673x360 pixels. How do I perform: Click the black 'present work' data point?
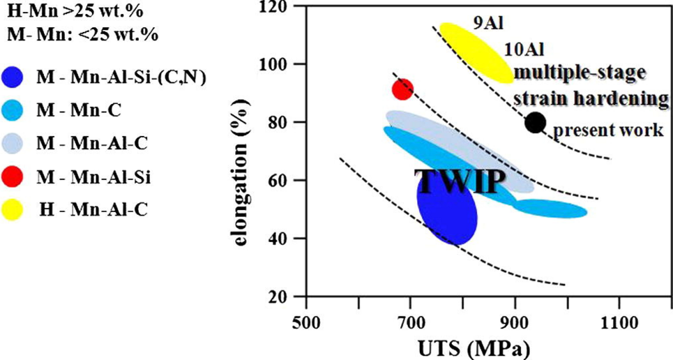[x=535, y=122]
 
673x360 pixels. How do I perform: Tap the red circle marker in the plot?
[x=403, y=89]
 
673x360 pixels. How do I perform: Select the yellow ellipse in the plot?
[x=477, y=52]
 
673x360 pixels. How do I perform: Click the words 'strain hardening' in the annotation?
[x=591, y=99]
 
